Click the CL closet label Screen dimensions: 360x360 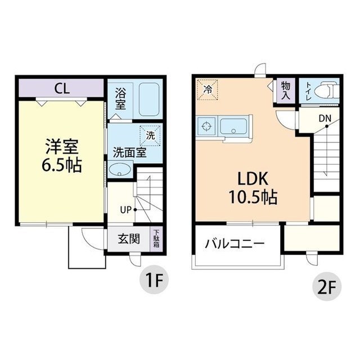(x=62, y=88)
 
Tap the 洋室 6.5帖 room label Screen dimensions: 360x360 (x=62, y=155)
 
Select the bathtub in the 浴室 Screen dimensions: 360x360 (x=149, y=99)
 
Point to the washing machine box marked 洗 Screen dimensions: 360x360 (x=150, y=136)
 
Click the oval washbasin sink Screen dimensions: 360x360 (x=119, y=170)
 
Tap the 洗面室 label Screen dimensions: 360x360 (x=130, y=152)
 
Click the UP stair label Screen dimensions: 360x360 (x=126, y=210)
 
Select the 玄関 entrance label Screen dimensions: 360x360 (x=129, y=238)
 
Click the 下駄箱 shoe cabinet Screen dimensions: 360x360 (x=156, y=238)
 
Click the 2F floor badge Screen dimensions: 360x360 (x=327, y=286)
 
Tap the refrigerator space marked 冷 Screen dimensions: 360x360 (x=208, y=90)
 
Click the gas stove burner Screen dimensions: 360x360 (x=206, y=126)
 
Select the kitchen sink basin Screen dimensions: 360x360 (x=234, y=126)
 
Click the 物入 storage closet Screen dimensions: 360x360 (x=286, y=91)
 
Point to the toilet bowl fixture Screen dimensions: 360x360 (x=330, y=90)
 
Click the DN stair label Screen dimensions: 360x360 (x=325, y=119)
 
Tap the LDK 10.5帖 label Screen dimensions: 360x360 (x=253, y=188)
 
